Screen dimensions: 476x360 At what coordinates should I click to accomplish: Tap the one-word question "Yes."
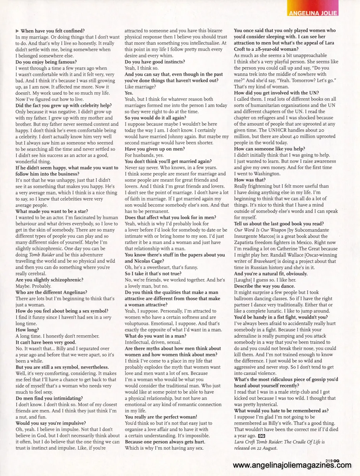(x=129, y=92)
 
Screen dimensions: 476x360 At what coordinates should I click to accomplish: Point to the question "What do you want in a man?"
(x=156, y=336)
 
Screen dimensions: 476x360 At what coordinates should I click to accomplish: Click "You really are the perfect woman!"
(x=161, y=417)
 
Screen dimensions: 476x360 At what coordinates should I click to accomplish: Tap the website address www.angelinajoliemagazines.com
(x=292, y=465)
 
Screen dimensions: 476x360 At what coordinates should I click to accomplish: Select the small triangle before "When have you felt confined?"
(x=17, y=31)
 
